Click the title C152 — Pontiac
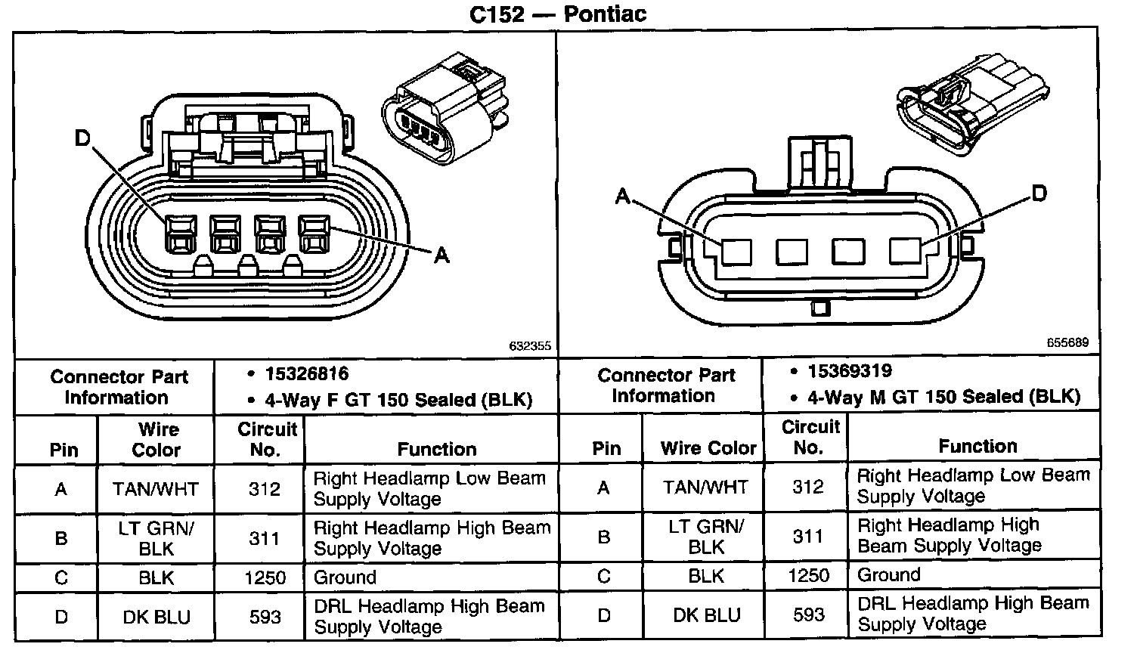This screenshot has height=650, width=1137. [x=558, y=14]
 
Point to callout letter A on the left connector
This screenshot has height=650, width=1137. [x=441, y=255]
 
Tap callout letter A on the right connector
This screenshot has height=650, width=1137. [x=623, y=197]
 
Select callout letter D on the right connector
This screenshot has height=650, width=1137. [x=1039, y=193]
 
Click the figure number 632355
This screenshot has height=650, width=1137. [x=530, y=346]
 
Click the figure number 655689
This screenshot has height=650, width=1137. [x=1067, y=342]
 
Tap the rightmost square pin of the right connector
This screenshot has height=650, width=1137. [x=904, y=251]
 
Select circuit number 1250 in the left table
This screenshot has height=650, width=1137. [x=265, y=578]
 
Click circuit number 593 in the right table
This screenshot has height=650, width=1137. [x=808, y=614]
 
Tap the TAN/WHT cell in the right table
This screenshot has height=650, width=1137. [x=706, y=487]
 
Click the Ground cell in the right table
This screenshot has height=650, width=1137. [x=888, y=575]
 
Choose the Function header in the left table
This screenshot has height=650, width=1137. [x=437, y=449]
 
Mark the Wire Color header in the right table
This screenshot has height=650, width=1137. [x=708, y=448]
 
